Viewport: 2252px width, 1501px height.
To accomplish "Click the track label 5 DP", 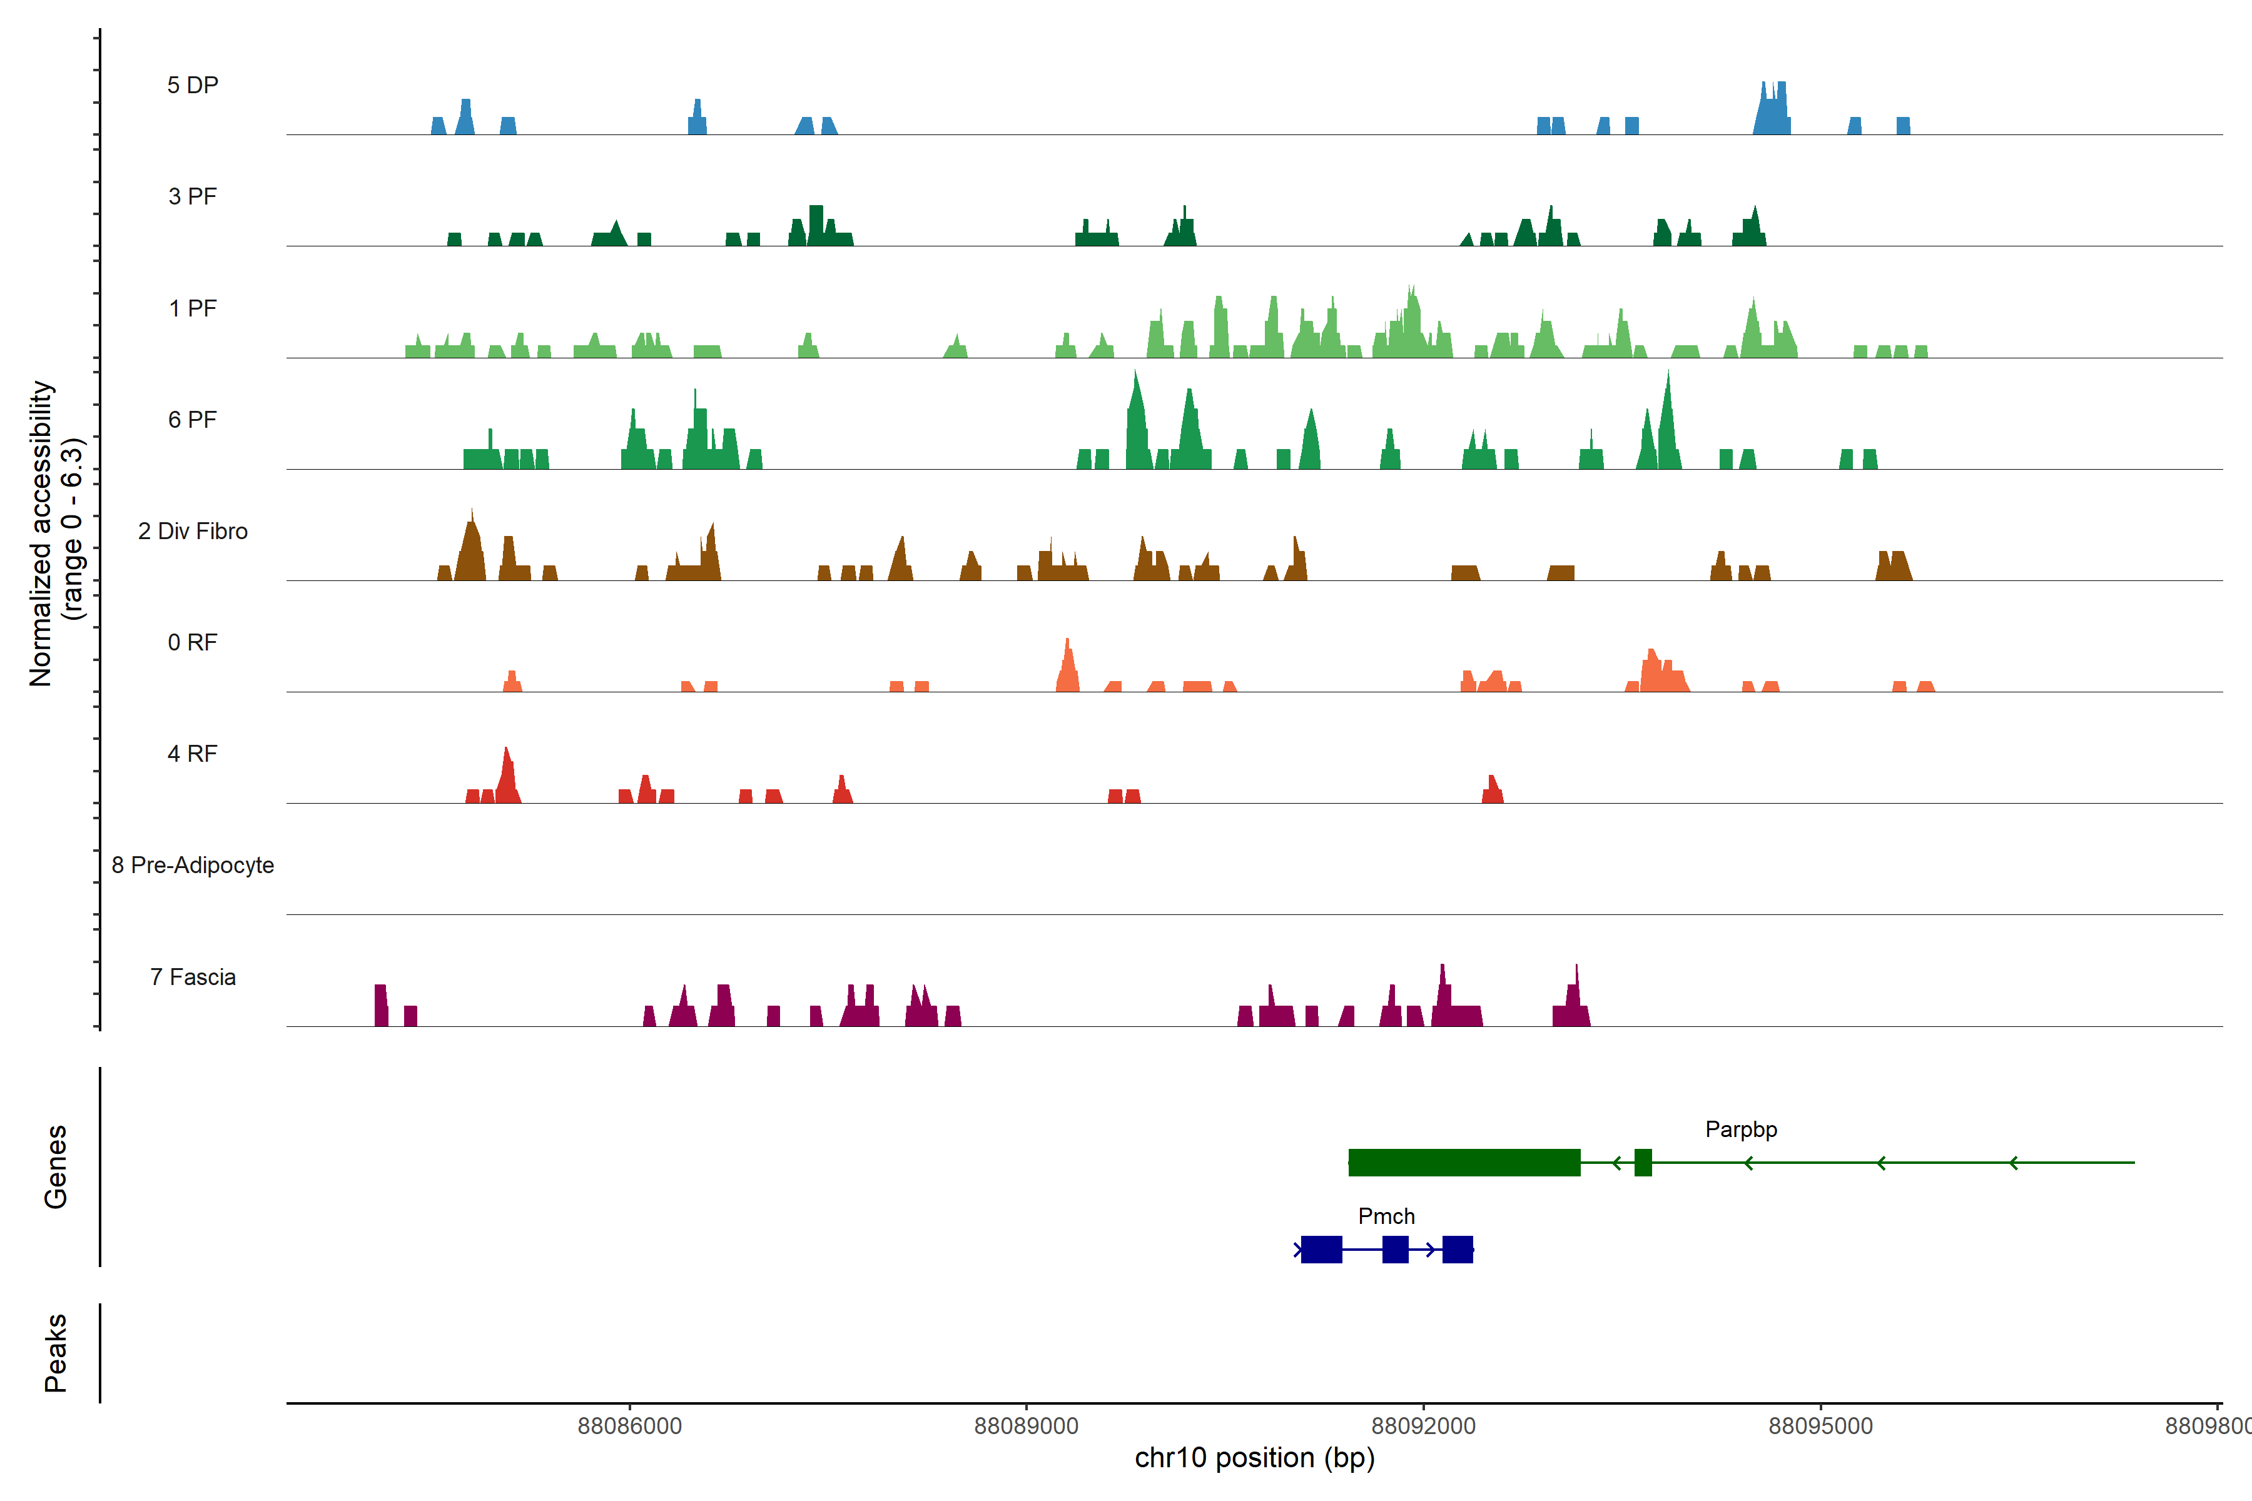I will tap(193, 85).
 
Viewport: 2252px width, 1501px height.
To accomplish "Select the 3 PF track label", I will tap(193, 196).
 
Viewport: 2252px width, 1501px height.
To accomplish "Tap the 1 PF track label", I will tap(193, 308).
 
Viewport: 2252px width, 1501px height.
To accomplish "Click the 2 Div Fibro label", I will tap(193, 531).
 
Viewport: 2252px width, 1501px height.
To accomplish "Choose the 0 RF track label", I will tap(193, 642).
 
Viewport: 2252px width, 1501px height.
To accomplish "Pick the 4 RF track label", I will tap(193, 754).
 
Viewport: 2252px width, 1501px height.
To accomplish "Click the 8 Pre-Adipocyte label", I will tap(193, 866).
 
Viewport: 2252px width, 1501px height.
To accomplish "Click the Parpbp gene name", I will tap(1741, 1130).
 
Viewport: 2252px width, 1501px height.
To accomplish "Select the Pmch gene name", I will tap(1386, 1216).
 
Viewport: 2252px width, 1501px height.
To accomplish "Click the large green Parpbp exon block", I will tap(1464, 1162).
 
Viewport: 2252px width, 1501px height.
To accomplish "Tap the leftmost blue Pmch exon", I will tap(1321, 1249).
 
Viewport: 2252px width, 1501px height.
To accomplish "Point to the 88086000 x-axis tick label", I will tap(630, 1427).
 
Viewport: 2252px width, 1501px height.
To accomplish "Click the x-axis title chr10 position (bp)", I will tap(1254, 1458).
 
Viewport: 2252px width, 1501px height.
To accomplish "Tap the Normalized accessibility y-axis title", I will tap(56, 533).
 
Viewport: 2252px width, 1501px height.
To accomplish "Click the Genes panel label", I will tap(56, 1167).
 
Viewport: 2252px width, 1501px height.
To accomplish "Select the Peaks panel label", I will tap(56, 1353).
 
